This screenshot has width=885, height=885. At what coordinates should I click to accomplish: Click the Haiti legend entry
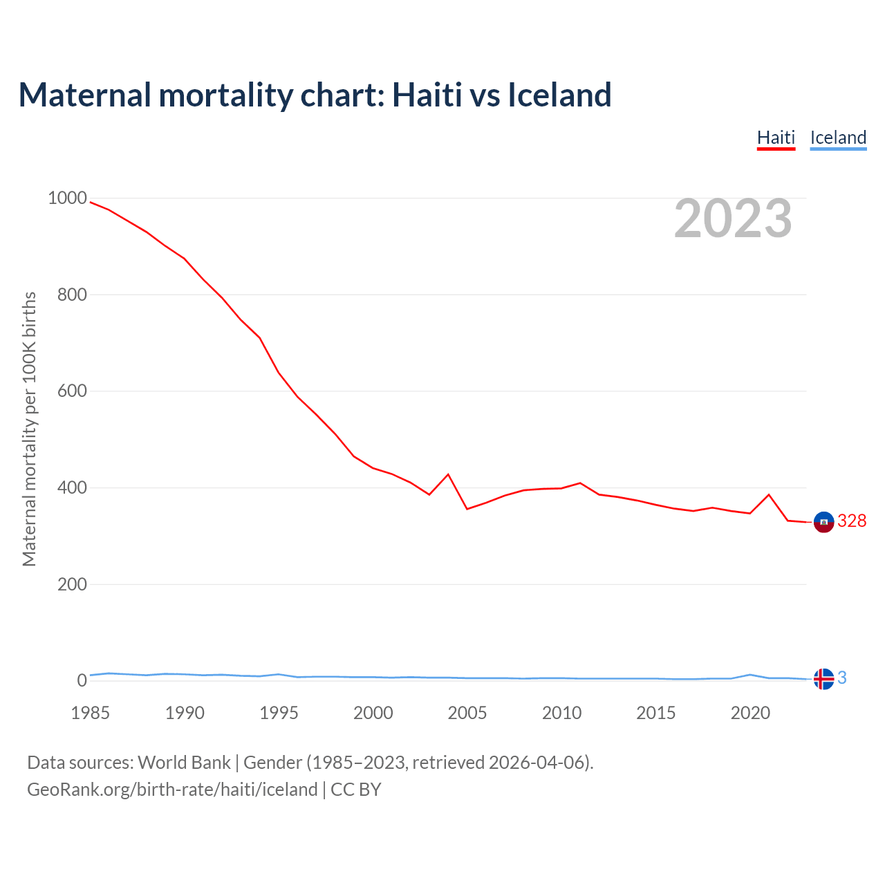[776, 138]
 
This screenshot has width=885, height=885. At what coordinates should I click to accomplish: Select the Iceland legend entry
[838, 138]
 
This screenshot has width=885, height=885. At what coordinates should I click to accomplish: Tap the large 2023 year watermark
[733, 218]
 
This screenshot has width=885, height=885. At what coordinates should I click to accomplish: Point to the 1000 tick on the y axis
[67, 198]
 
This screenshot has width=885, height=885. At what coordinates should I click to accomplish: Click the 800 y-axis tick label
[72, 295]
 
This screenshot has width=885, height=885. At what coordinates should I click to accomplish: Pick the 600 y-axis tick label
[72, 391]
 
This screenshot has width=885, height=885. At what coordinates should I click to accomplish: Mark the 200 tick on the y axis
[72, 584]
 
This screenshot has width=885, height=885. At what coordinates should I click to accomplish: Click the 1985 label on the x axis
[90, 713]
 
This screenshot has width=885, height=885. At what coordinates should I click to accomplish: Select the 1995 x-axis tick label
[279, 713]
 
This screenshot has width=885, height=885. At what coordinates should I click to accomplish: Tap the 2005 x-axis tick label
[467, 713]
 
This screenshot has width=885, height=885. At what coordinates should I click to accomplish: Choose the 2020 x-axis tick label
[750, 713]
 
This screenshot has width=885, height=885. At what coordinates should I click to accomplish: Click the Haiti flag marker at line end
[823, 522]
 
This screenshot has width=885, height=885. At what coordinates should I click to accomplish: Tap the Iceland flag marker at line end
[823, 679]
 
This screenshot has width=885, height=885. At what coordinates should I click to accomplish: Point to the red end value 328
[852, 521]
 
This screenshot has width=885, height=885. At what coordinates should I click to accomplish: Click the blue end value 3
[842, 678]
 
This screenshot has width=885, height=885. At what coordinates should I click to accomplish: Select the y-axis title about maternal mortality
[29, 429]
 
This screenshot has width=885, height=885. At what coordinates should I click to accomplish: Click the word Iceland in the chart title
[559, 95]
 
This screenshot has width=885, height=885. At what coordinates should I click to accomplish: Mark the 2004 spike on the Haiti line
[448, 474]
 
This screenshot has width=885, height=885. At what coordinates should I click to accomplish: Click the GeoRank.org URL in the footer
[172, 790]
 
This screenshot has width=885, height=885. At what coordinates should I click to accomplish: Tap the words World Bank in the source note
[184, 763]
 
